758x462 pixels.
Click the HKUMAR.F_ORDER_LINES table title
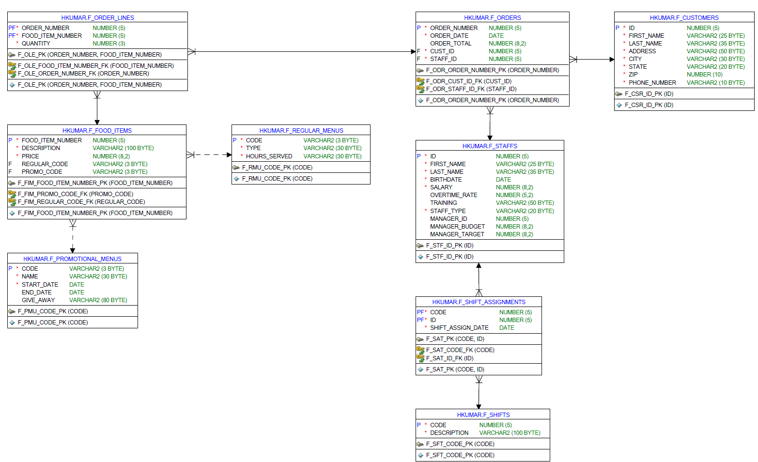97,18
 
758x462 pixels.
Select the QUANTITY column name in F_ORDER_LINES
36,44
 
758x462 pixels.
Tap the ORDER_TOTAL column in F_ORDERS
450,44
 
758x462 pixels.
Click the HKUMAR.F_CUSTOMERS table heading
684,18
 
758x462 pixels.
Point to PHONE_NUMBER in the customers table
652,83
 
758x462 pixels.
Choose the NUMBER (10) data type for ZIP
704,75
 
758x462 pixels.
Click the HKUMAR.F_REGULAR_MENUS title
301,131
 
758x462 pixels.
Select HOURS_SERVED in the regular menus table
269,156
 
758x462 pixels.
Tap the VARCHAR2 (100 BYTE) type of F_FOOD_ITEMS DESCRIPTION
123,148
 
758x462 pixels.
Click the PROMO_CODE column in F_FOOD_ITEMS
42,172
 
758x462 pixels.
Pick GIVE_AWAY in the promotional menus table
38,300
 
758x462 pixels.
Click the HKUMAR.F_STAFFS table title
490,146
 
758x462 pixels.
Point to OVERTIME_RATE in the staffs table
453,195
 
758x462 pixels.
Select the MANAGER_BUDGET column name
457,227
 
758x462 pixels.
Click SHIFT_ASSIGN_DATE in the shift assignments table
459,328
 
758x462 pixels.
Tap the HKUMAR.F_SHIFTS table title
483,415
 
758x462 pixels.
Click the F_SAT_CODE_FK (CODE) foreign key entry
460,350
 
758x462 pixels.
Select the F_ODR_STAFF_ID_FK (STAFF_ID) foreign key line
471,89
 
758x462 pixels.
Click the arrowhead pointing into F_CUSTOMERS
612,60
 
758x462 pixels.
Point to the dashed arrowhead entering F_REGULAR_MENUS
229,155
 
